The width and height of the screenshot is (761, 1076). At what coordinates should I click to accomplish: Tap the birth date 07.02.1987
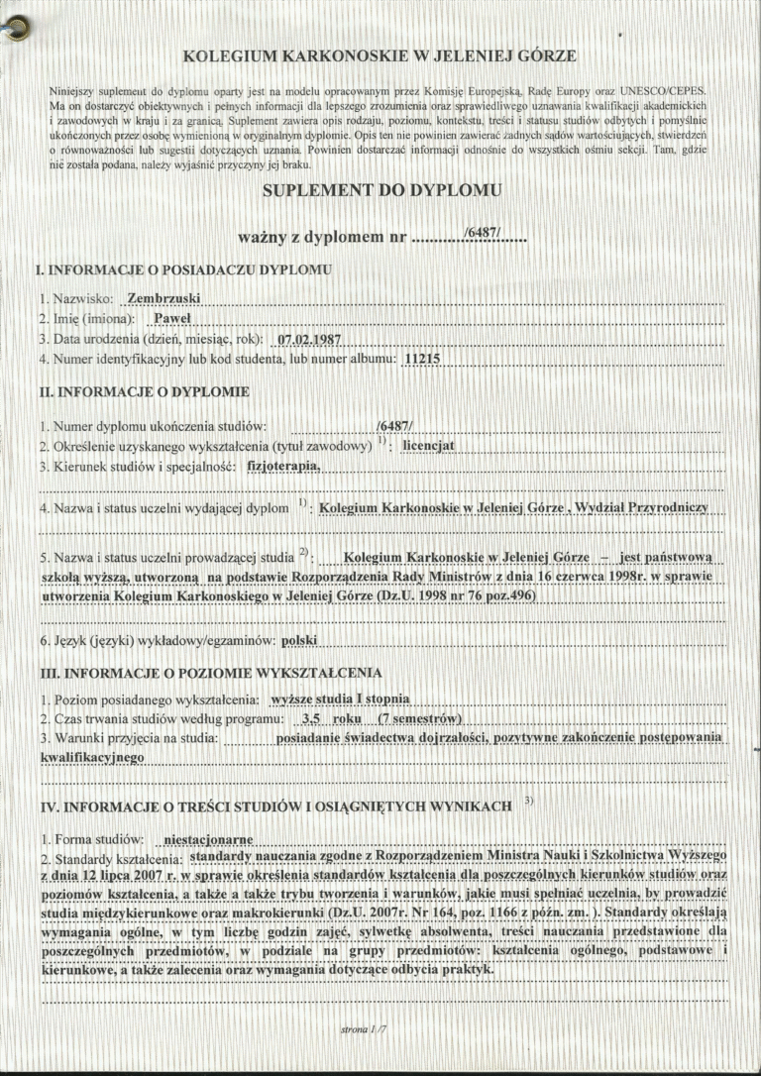pos(303,339)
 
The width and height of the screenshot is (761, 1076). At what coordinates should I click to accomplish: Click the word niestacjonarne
pos(208,839)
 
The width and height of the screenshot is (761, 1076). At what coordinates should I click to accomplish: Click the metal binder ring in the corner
pos(14,31)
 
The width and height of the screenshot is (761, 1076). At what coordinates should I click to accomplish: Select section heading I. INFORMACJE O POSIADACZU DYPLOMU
pos(183,269)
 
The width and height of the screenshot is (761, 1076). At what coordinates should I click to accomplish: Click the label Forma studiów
pos(97,839)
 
